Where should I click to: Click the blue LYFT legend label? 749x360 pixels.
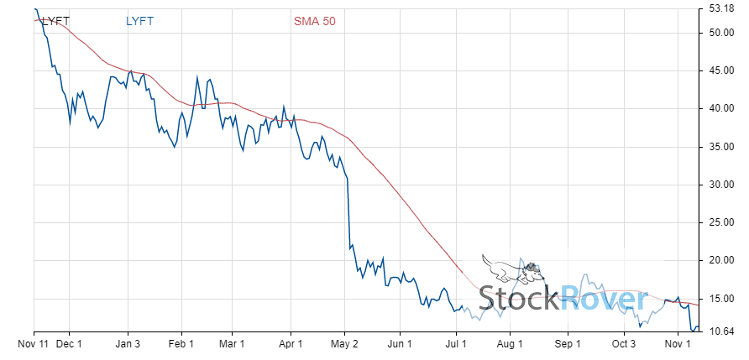[x=139, y=21]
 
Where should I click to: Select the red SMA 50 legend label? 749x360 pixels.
[x=314, y=21]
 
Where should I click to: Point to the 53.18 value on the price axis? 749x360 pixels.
[x=723, y=10]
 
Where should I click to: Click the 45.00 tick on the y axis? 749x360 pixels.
[x=723, y=70]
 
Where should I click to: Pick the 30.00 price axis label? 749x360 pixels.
[x=723, y=185]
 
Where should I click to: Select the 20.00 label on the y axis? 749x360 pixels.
[x=723, y=260]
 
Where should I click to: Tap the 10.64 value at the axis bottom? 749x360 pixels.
[x=723, y=331]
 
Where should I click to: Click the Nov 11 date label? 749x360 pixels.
[x=34, y=342]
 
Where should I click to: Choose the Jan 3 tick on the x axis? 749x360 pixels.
[x=128, y=342]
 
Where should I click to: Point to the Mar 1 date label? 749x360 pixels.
[x=232, y=342]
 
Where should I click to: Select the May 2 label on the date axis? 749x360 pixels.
[x=345, y=342]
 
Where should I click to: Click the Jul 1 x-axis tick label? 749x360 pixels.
[x=455, y=342]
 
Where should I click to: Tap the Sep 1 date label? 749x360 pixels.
[x=568, y=342]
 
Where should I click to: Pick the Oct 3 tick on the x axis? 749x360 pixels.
[x=624, y=342]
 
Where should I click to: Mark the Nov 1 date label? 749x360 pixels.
[x=678, y=342]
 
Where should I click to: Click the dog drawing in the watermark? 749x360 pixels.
[x=512, y=269]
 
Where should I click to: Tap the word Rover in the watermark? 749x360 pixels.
[x=603, y=299]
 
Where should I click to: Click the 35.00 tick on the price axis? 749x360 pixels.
[x=723, y=147]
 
